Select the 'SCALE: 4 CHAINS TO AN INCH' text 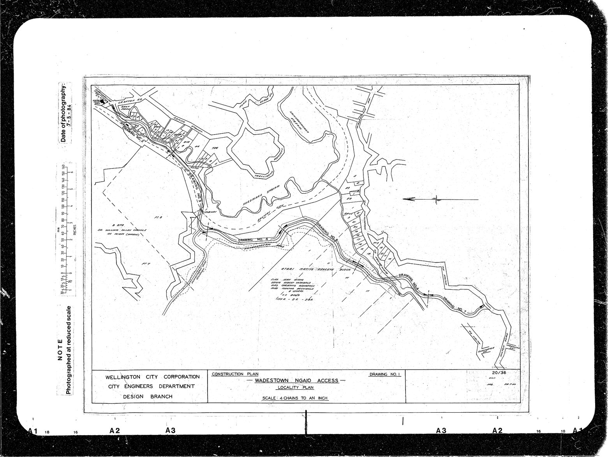tap(296, 399)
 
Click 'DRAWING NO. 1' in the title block tap(384, 374)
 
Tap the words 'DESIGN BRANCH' tap(148, 397)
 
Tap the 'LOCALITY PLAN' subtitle tap(296, 389)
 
